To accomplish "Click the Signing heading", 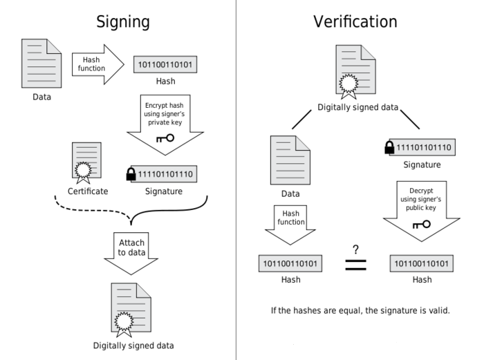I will tap(122, 21).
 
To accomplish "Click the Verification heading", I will tap(355, 21).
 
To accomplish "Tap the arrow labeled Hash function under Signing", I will tap(93, 64).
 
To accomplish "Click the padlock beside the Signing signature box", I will tap(131, 175).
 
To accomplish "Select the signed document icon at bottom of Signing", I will tap(131, 309).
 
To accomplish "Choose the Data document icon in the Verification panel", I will tap(290, 159).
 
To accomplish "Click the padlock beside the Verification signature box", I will tap(389, 147).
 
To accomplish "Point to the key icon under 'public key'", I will tap(420, 225).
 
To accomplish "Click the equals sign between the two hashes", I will tap(355, 265).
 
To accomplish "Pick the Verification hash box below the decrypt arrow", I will tap(422, 263).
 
